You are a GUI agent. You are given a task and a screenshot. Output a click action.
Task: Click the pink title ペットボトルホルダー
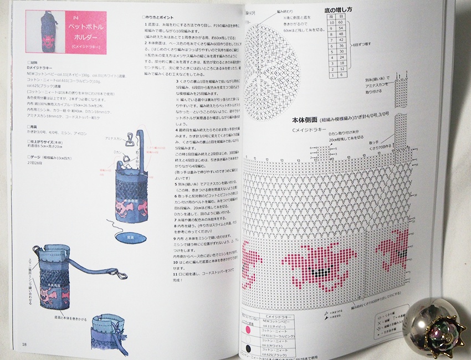click(84, 31)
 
